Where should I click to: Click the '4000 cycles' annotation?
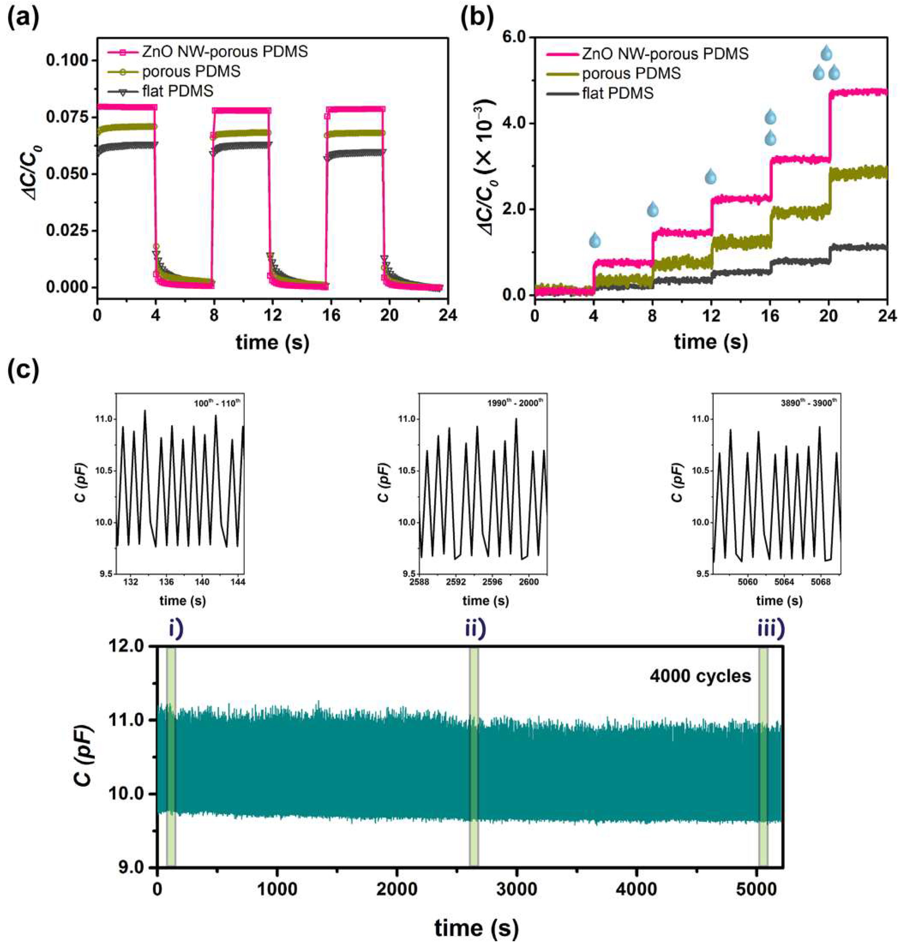pyautogui.click(x=700, y=676)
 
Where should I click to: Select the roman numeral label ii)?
pyautogui.click(x=475, y=630)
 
